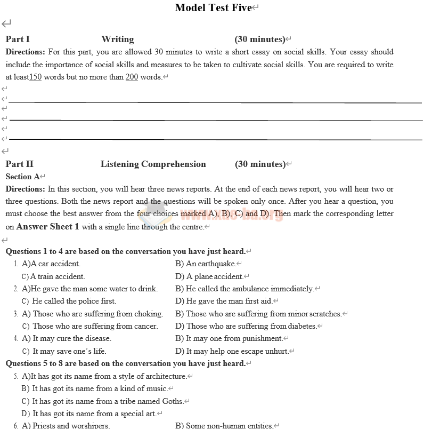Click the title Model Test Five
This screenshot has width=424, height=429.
pos(213,7)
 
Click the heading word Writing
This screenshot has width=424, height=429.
pos(117,39)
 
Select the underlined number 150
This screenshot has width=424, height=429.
pos(35,77)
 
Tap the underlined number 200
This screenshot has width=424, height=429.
pos(132,77)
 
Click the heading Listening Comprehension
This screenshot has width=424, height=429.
pos(153,164)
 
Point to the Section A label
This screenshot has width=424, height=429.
pos(22,177)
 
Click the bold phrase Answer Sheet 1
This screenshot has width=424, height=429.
pos(48,226)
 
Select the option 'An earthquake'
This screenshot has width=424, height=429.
pos(210,264)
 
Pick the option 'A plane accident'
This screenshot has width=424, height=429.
pos(215,276)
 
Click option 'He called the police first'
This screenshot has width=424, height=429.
pos(74,301)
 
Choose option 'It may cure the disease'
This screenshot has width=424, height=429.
pos(72,338)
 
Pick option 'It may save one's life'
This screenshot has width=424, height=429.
pos(69,351)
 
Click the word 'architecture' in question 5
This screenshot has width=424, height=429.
pos(165,376)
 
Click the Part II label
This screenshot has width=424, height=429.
pos(19,164)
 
